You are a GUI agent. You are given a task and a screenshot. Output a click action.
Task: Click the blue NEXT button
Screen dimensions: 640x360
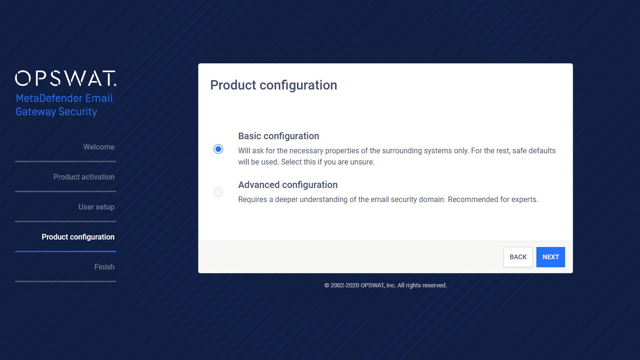click(551, 257)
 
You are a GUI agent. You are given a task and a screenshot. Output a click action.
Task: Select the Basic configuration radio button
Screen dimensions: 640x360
click(218, 149)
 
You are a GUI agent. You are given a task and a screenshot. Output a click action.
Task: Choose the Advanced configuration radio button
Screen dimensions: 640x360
click(218, 192)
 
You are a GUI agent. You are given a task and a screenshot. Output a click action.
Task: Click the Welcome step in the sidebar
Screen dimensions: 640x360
click(99, 147)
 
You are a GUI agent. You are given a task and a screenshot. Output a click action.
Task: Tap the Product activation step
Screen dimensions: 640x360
click(84, 177)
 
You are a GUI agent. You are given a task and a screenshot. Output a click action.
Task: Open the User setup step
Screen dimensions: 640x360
click(97, 207)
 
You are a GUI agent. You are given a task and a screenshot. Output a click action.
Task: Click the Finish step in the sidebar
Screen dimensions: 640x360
click(104, 267)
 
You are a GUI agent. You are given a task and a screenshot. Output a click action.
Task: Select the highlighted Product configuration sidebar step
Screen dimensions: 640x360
click(78, 237)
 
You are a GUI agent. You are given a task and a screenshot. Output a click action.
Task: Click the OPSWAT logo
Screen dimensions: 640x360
click(66, 78)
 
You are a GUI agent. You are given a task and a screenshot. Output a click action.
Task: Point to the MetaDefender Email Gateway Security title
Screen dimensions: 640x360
click(64, 105)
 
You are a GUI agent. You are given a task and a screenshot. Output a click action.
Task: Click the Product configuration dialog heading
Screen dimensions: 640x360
click(274, 85)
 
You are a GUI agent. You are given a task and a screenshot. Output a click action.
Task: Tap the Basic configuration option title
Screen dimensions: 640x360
click(279, 136)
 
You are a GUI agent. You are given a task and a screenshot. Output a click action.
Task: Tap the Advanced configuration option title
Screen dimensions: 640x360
click(288, 185)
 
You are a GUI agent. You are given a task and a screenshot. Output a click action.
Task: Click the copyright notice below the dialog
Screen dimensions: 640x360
click(386, 285)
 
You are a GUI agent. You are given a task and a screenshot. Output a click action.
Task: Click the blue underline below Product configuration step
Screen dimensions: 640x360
click(66, 251)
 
